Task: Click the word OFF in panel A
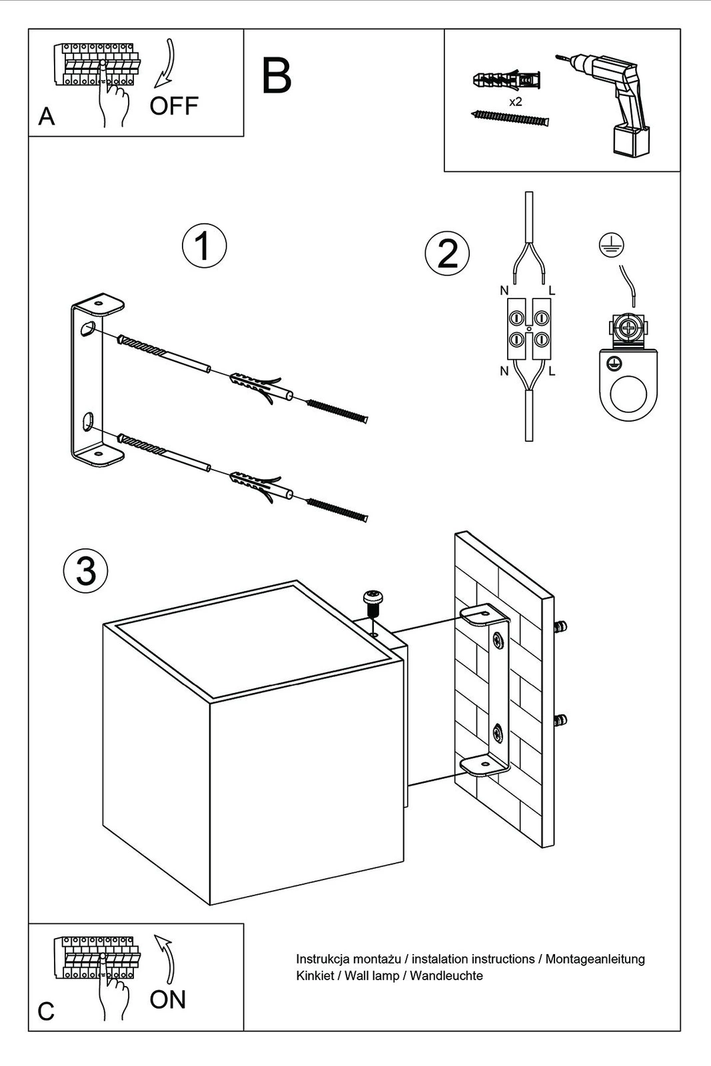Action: [174, 106]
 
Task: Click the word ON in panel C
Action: [167, 999]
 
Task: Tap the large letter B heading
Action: [277, 77]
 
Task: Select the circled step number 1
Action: [204, 245]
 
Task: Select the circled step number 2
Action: [447, 254]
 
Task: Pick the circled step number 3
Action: [85, 571]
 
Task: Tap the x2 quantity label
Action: [515, 102]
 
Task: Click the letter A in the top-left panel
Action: [46, 117]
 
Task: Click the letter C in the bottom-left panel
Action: [46, 1011]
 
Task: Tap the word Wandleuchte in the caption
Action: [446, 976]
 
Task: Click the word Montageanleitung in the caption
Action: [595, 959]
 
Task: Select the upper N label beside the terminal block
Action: [504, 290]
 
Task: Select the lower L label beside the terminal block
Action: [552, 372]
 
